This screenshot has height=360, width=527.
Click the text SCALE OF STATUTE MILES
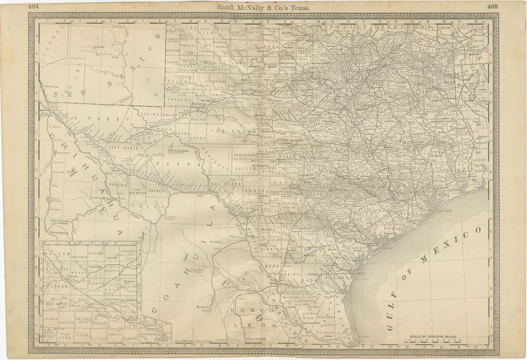click(436, 336)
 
